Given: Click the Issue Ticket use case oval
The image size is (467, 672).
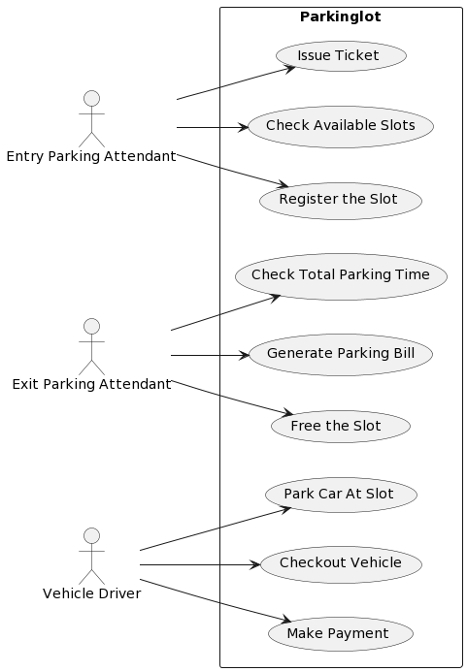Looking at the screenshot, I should tap(340, 56).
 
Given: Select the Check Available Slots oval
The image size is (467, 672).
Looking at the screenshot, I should tap(340, 126).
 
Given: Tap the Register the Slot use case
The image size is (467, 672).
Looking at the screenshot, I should tap(340, 200).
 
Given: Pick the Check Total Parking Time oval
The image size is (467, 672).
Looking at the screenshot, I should tap(340, 275).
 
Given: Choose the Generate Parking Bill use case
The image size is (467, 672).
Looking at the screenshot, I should tap(340, 354).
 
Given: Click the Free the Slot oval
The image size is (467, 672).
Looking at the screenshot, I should tap(340, 427).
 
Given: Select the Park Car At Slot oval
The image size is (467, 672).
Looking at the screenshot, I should tap(340, 495).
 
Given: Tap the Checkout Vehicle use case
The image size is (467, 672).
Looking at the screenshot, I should tap(340, 563).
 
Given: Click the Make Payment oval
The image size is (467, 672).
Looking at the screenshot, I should tap(340, 634).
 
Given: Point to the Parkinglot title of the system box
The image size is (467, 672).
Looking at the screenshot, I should tap(340, 17).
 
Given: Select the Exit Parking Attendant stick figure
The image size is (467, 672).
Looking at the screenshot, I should tap(91, 346).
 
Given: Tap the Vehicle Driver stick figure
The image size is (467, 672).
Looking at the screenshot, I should tap(91, 557).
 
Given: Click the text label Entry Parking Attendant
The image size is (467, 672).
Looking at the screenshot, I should tap(91, 156).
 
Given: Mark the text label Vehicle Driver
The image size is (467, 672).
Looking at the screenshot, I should tap(91, 593).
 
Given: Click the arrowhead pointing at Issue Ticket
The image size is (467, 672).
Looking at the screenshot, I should tap(289, 68).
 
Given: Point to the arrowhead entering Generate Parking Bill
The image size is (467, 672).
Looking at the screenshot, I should tap(244, 356).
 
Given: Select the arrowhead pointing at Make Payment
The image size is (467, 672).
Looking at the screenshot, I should tap(286, 621).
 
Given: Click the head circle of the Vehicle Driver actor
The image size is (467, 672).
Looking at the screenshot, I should tap(91, 535).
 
